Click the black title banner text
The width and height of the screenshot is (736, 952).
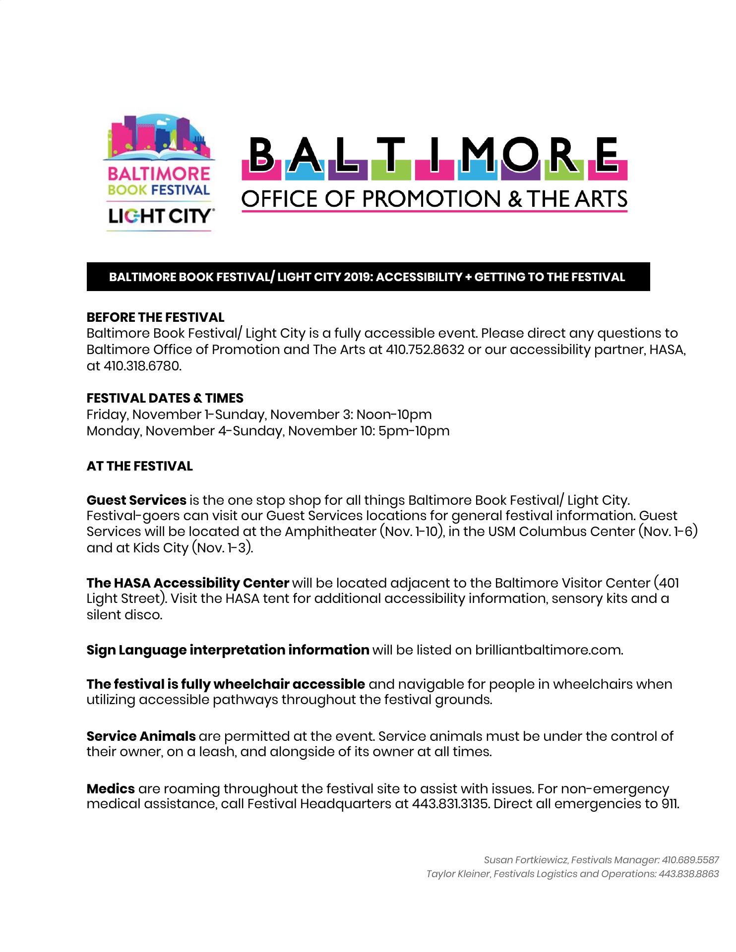[x=367, y=277]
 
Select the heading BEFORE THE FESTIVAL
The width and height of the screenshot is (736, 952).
[x=155, y=317]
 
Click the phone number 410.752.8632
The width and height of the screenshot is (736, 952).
[x=425, y=350]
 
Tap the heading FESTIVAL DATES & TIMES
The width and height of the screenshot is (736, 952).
[x=165, y=398]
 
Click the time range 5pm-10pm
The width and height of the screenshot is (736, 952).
[x=414, y=431]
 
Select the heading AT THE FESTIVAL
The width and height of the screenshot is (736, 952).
[x=139, y=466]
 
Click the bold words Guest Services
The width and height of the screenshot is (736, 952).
[x=136, y=500]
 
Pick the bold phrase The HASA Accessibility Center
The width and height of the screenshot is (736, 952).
[x=187, y=583]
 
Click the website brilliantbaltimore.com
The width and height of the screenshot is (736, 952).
[x=548, y=650]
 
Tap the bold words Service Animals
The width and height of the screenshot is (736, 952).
[x=141, y=736]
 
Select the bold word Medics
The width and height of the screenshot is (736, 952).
[x=111, y=788]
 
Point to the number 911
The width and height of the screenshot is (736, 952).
[x=670, y=804]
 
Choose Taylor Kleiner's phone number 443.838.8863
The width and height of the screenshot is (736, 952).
[x=688, y=874]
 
